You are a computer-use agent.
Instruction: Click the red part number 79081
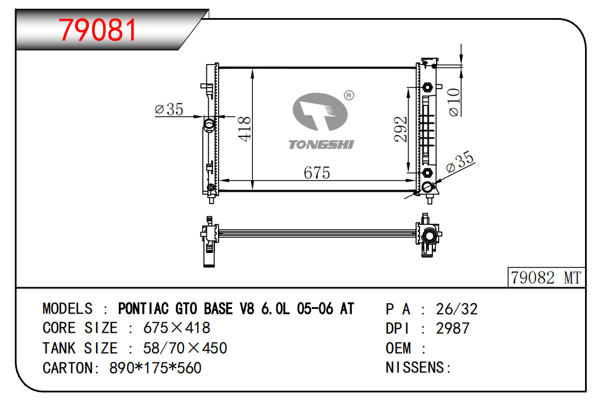pyautogui.click(x=98, y=30)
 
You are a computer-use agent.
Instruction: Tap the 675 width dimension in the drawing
pyautogui.click(x=317, y=173)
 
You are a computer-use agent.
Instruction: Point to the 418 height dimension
pyautogui.click(x=245, y=129)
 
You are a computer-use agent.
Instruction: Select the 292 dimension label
pyautogui.click(x=401, y=129)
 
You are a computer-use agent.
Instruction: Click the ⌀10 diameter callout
pyautogui.click(x=454, y=102)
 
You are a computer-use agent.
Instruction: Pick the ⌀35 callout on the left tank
pyautogui.click(x=169, y=110)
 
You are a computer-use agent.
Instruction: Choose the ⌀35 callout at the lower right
pyautogui.click(x=460, y=161)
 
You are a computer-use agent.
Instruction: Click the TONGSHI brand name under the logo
pyautogui.click(x=321, y=145)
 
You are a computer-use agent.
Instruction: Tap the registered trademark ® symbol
pyautogui.click(x=349, y=95)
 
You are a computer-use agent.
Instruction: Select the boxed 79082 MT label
pyautogui.click(x=546, y=277)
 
